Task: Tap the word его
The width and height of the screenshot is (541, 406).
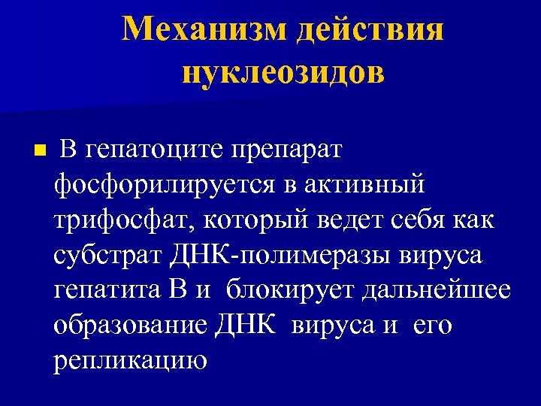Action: click(x=436, y=326)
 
